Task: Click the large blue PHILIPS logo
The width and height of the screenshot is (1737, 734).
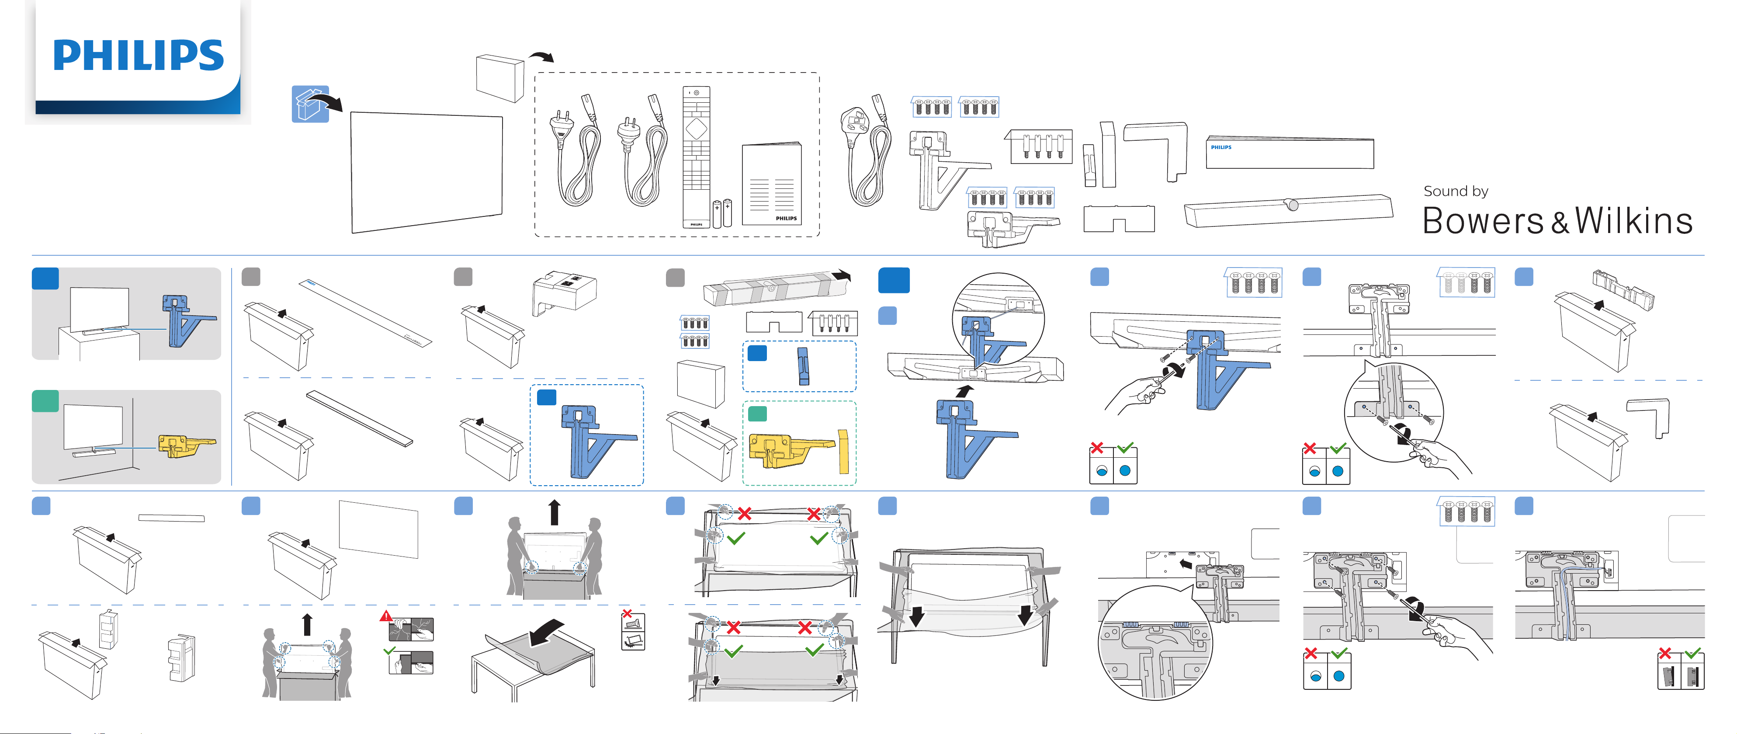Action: pyautogui.click(x=138, y=56)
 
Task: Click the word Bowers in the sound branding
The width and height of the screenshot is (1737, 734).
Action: pyautogui.click(x=1482, y=221)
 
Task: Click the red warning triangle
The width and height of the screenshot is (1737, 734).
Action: pyautogui.click(x=386, y=616)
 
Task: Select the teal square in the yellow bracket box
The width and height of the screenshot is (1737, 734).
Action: pyautogui.click(x=757, y=413)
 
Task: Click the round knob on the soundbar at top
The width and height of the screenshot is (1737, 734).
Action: pyautogui.click(x=1291, y=205)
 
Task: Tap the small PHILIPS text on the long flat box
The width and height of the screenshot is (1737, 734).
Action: pyautogui.click(x=1220, y=147)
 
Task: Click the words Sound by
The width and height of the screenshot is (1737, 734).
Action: pyautogui.click(x=1455, y=191)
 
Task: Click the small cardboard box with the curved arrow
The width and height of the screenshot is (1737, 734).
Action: pyautogui.click(x=499, y=78)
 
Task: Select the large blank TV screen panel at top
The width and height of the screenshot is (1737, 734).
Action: pyautogui.click(x=426, y=172)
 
